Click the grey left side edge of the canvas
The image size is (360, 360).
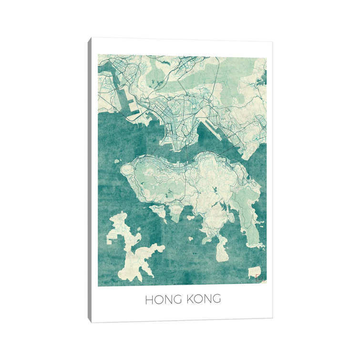coord(89,181)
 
